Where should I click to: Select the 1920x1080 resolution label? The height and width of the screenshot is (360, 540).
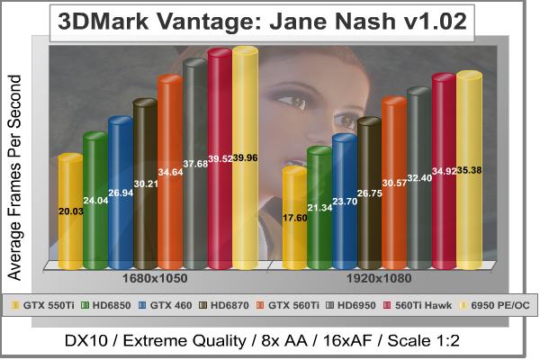[379, 279]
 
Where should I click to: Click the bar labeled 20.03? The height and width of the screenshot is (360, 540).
[70, 211]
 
